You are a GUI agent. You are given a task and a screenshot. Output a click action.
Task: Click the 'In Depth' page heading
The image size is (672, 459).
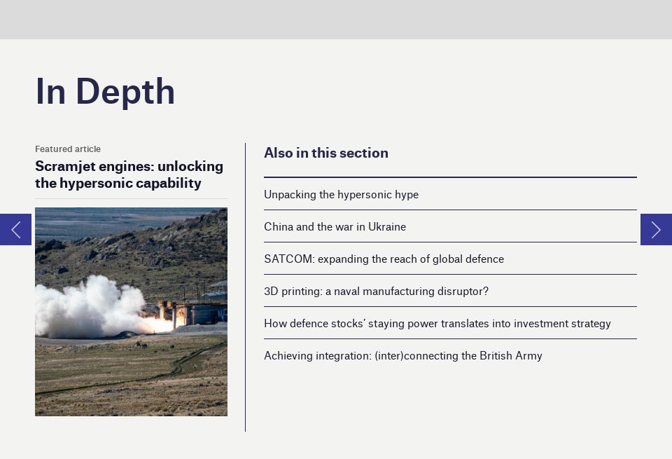coord(105,92)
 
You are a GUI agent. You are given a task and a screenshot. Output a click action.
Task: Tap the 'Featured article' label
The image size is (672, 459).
coord(68,149)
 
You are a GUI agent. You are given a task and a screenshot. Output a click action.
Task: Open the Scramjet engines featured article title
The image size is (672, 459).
coord(129,175)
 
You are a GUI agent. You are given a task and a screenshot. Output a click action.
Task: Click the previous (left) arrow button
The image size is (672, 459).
coord(15,230)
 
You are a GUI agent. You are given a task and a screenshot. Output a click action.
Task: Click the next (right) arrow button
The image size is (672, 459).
coord(656,230)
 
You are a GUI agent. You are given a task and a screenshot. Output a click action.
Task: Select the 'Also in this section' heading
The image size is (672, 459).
coord(325,153)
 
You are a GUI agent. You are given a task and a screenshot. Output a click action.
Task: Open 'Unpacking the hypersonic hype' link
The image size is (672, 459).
coord(341,195)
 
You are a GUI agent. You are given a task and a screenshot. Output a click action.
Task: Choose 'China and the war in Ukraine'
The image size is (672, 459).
coord(335,227)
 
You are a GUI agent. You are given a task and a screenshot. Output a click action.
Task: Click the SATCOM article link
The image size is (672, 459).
coord(384,259)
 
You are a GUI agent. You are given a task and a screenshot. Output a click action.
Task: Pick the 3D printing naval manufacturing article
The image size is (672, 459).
coord(376,292)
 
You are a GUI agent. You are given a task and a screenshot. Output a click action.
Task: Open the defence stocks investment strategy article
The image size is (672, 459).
coord(437,324)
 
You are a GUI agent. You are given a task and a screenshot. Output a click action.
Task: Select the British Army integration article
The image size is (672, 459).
coord(402,356)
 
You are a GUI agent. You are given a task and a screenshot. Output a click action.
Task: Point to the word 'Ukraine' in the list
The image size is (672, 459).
coord(387,227)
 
